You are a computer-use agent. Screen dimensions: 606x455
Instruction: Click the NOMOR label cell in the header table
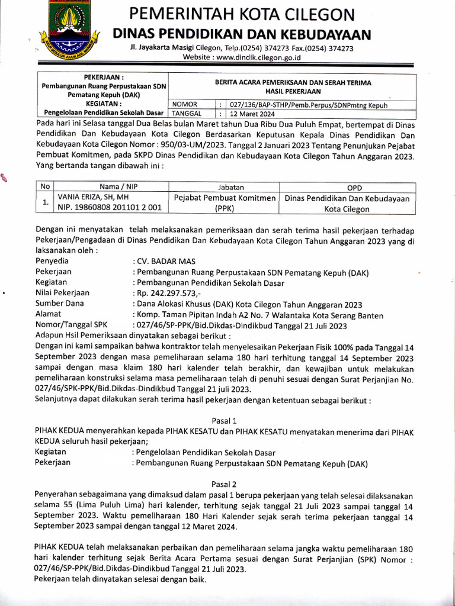click(184, 104)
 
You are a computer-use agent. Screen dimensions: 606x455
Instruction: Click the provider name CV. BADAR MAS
click(166, 261)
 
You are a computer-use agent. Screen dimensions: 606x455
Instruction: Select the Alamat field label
click(49, 314)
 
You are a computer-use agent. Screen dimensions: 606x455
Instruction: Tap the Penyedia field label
click(52, 261)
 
